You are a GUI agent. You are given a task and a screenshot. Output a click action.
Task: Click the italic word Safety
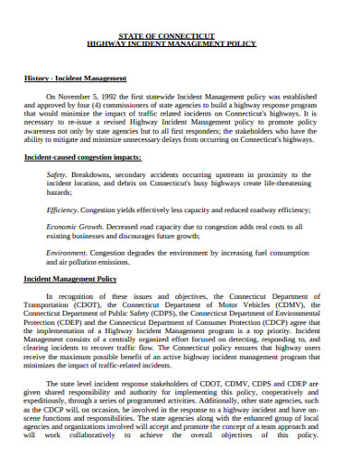(x=56, y=174)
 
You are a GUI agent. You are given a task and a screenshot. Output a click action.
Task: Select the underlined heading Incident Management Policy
(x=70, y=278)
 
